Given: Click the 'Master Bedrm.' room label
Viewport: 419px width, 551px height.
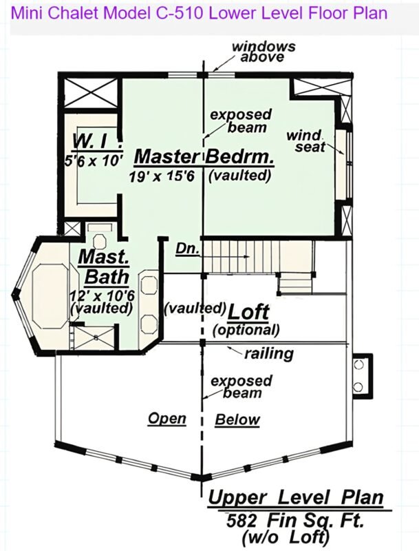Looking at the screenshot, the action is click(204, 157).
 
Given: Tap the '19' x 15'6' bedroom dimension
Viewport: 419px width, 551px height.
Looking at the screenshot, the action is click(162, 176).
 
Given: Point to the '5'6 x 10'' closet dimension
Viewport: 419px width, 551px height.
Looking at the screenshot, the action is click(94, 161).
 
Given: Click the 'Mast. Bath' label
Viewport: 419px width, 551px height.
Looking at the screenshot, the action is click(104, 267).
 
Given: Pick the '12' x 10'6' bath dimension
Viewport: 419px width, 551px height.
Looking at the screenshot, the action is click(102, 295).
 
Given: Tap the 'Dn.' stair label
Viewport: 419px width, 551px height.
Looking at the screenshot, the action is click(187, 249).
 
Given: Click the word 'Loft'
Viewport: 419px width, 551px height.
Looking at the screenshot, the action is click(249, 312).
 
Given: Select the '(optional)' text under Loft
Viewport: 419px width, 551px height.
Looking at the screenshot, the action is click(246, 330).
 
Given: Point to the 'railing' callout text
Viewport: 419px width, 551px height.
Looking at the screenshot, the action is click(269, 353).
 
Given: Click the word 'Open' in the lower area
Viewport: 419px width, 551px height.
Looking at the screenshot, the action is click(167, 419).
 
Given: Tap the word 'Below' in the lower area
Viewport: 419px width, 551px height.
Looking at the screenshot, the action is click(237, 419).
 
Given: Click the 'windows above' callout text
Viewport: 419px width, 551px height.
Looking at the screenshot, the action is click(264, 52).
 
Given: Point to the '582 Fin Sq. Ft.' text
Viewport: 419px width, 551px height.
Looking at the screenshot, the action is click(294, 521).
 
